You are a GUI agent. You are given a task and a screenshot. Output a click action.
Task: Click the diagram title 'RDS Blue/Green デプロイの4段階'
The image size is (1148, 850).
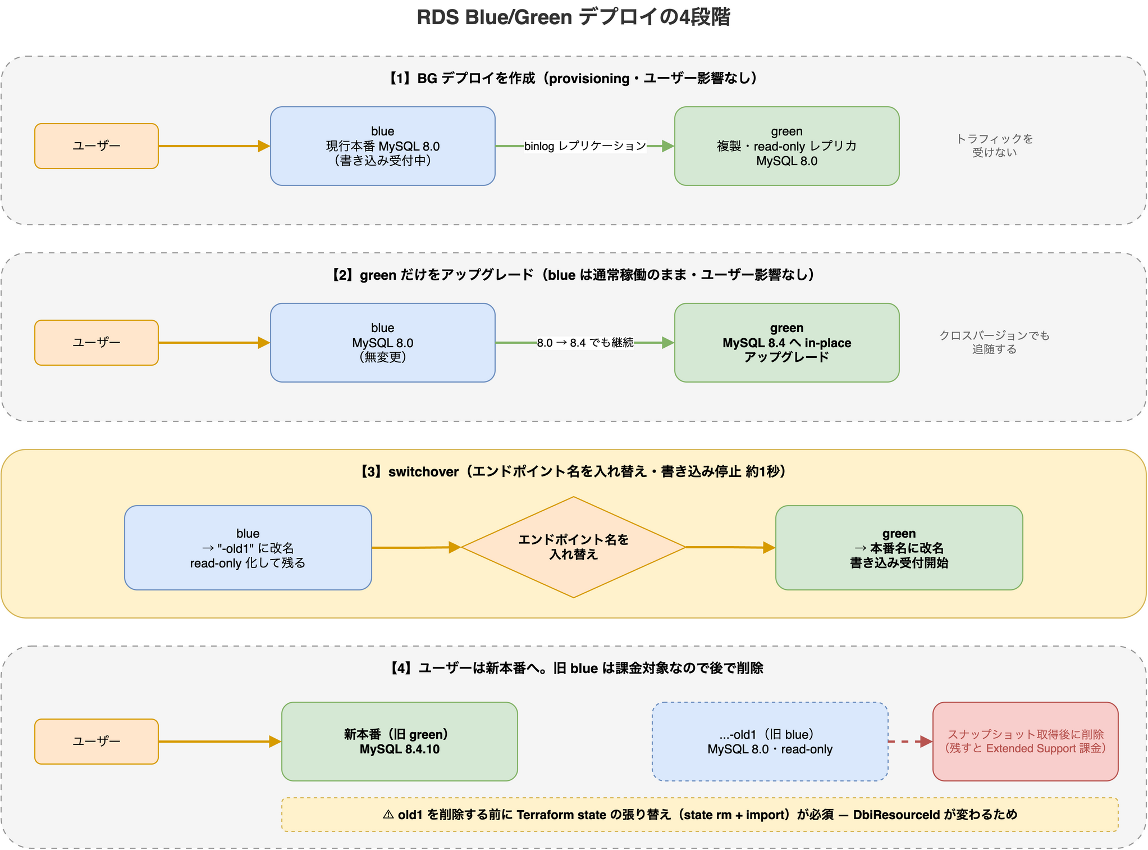click(x=573, y=17)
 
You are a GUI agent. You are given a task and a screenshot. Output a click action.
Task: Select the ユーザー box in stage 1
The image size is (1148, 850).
click(x=97, y=146)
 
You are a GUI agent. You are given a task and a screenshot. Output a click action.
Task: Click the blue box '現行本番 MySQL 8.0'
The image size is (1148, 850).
click(x=383, y=146)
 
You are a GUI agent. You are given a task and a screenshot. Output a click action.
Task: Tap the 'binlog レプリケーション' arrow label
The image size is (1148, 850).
click(x=585, y=146)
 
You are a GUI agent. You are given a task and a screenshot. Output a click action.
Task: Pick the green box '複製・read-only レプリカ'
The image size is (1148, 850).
click(x=787, y=146)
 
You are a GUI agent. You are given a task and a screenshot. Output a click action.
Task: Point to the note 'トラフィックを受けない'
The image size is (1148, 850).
click(x=995, y=146)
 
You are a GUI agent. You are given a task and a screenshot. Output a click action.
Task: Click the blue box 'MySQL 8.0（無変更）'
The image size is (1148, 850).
click(x=383, y=343)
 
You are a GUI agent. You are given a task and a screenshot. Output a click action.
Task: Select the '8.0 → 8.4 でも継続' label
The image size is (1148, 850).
click(x=585, y=343)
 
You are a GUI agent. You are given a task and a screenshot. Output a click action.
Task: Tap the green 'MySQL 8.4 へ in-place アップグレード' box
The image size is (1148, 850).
click(x=787, y=343)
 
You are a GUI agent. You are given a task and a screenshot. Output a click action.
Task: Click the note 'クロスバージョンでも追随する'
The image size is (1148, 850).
click(x=995, y=342)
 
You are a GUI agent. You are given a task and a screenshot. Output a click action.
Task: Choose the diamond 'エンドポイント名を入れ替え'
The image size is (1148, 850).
click(x=574, y=547)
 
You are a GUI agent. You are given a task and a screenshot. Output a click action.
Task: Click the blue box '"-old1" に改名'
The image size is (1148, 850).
click(x=248, y=548)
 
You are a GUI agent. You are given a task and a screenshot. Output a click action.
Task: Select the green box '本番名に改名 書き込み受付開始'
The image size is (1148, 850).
click(x=899, y=548)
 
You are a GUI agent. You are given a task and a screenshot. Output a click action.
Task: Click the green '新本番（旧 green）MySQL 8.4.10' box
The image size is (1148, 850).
click(x=400, y=742)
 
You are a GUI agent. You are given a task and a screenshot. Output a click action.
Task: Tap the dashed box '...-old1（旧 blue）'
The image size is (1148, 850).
click(x=770, y=742)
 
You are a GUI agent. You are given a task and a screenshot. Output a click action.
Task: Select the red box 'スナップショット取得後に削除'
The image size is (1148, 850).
click(x=1026, y=742)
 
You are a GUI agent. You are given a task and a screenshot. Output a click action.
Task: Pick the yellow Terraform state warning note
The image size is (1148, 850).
click(x=700, y=815)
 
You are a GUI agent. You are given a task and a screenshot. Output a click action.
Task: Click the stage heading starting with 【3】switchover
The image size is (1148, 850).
click(x=573, y=471)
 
